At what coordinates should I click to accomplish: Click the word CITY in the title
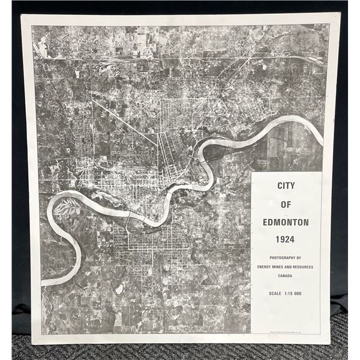point(286,186)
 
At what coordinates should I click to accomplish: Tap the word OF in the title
point(286,204)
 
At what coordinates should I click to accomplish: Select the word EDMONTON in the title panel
point(286,222)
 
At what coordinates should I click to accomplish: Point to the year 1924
point(286,239)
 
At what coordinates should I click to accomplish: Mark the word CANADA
point(286,275)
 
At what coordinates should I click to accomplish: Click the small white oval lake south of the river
point(119,289)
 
